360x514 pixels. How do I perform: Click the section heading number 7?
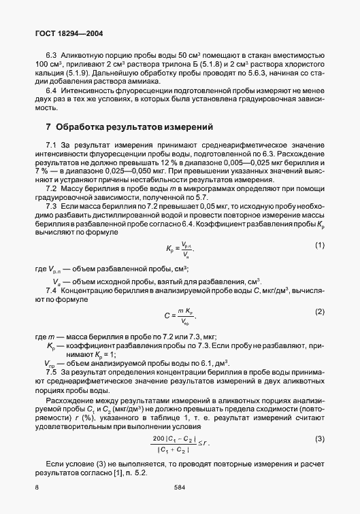click(48, 126)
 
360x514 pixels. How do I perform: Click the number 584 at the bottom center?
click(180, 488)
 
